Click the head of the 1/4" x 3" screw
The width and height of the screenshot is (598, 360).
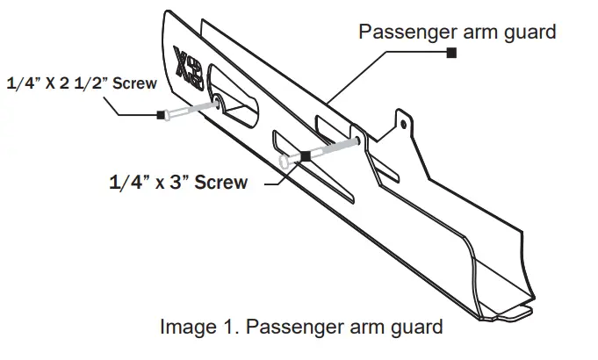pos(285,162)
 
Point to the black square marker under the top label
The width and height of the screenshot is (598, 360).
pos(451,54)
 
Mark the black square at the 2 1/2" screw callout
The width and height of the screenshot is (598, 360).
pos(161,114)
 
